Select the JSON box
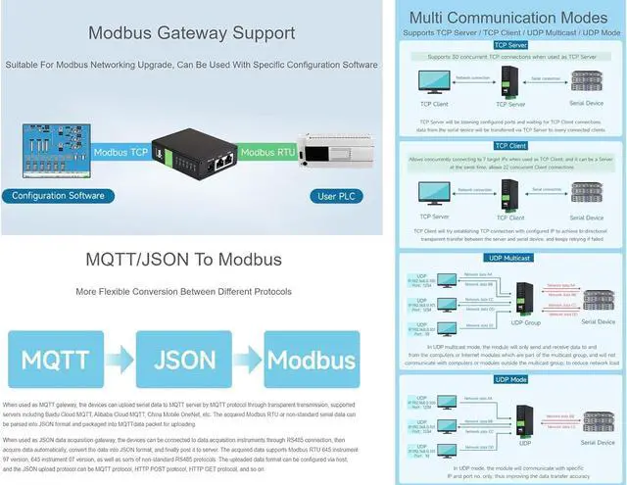pyautogui.click(x=184, y=359)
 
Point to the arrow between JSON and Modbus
pyautogui.click(x=249, y=359)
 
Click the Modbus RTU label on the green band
pyautogui.click(x=267, y=153)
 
